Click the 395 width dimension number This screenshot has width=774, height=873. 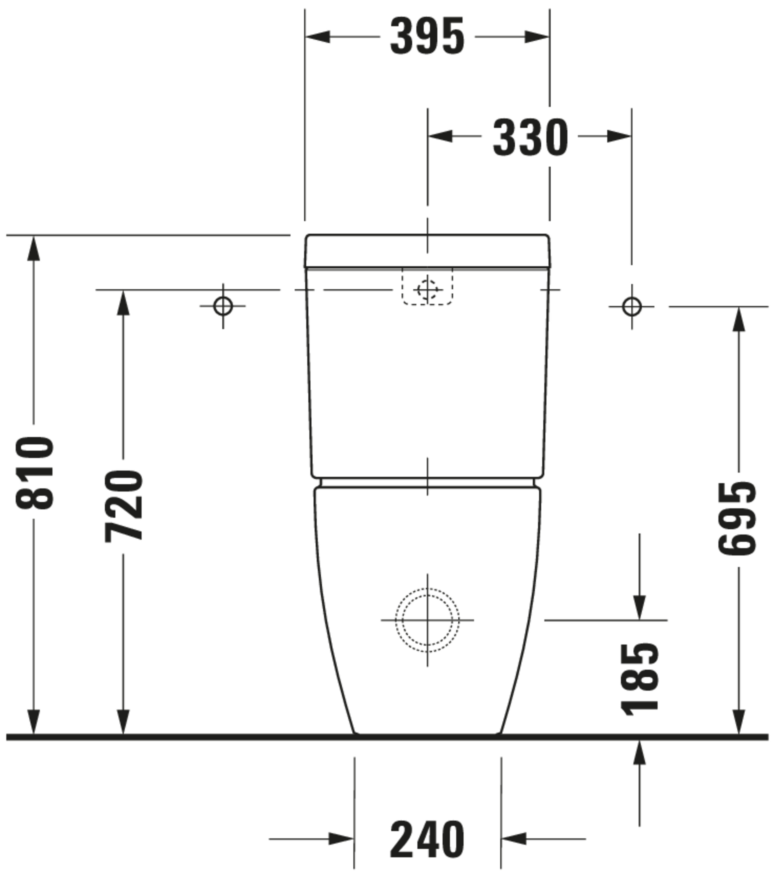pos(427,37)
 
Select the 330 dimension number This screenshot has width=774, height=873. pos(530,137)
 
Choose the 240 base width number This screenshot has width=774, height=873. pos(427,839)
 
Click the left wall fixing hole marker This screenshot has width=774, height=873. pos(223,306)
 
